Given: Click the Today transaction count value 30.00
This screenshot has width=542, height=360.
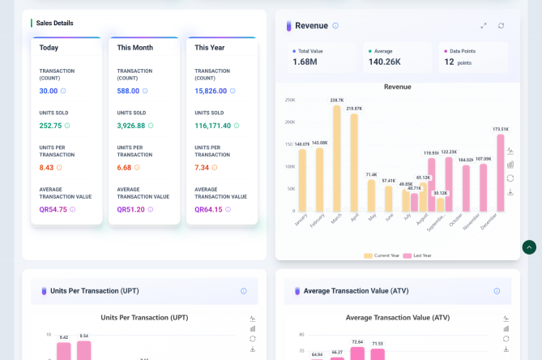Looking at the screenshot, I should pyautogui.click(x=49, y=91).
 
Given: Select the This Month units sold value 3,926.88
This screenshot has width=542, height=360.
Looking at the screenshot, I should pyautogui.click(x=130, y=126).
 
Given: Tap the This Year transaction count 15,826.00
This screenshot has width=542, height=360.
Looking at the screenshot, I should pyautogui.click(x=210, y=91).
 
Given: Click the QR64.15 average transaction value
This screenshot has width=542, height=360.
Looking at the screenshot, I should pyautogui.click(x=208, y=209).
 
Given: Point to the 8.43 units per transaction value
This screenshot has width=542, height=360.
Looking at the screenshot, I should pyautogui.click(x=46, y=168).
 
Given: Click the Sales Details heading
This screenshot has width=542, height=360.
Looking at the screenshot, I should pyautogui.click(x=54, y=24).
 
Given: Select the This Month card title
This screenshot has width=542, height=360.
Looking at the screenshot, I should pyautogui.click(x=135, y=48).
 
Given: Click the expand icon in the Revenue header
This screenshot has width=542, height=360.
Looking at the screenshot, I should pyautogui.click(x=484, y=26).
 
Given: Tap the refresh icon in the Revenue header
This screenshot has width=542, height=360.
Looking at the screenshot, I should pyautogui.click(x=501, y=26).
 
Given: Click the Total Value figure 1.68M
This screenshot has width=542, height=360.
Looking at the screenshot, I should pyautogui.click(x=305, y=62).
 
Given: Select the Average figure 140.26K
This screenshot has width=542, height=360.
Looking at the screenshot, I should pyautogui.click(x=384, y=62).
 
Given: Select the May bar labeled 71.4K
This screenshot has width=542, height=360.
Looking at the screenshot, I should pyautogui.click(x=371, y=195).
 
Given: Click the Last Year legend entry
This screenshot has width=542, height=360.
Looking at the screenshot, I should pyautogui.click(x=419, y=255).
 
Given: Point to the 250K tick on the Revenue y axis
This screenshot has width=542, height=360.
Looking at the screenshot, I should pyautogui.click(x=289, y=101).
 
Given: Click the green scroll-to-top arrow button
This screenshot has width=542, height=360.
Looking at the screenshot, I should pyautogui.click(x=529, y=247).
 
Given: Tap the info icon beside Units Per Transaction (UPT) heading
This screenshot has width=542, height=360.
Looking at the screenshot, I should pyautogui.click(x=243, y=291).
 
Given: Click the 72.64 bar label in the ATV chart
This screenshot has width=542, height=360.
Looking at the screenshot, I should pyautogui.click(x=357, y=342).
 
